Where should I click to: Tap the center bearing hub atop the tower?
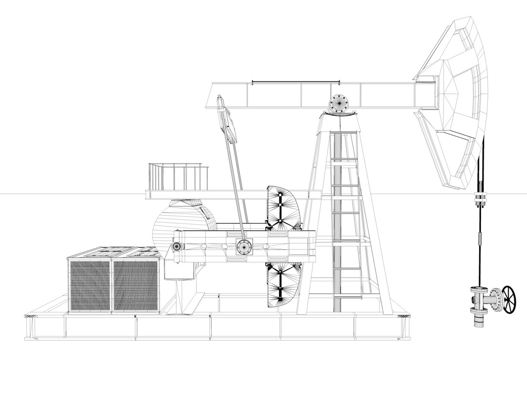click(x=339, y=102)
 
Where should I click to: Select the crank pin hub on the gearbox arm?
click(x=243, y=246)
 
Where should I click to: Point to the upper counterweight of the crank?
click(x=281, y=208)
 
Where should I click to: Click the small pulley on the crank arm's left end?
click(x=177, y=247)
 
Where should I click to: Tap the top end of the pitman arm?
click(x=220, y=101)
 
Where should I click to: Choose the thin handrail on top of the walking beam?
click(x=296, y=81)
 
